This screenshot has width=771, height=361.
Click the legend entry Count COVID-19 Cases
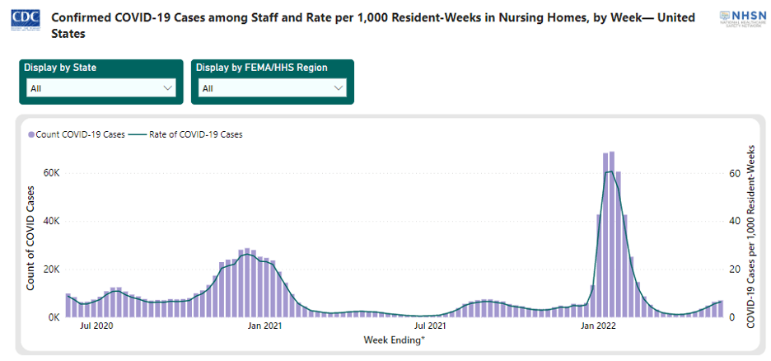pos(77,134)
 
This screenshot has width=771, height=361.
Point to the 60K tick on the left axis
pos(52,174)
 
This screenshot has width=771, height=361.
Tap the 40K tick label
pos(52,222)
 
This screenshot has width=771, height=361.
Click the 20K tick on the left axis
pos(52,270)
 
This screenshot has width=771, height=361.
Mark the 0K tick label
pos(54,317)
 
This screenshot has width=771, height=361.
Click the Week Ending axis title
pos(395,340)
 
